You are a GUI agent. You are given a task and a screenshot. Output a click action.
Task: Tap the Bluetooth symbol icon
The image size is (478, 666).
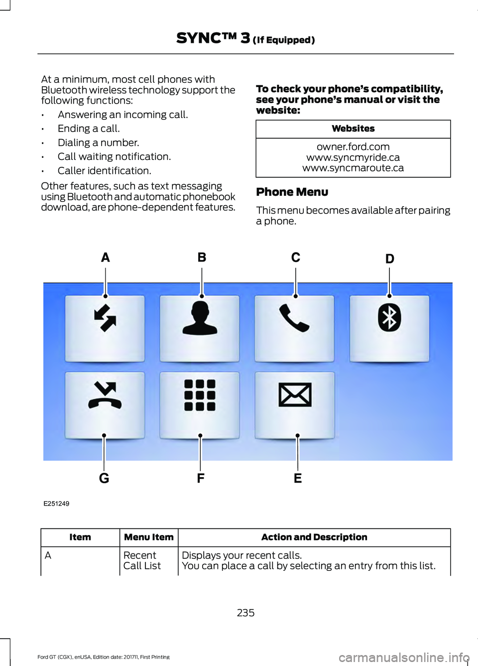(x=389, y=318)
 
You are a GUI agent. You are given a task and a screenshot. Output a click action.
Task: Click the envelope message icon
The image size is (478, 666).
(x=295, y=395)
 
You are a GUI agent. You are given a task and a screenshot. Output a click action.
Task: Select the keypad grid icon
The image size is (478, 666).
(x=200, y=395)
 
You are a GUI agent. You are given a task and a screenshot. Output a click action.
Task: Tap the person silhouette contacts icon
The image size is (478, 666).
(x=200, y=319)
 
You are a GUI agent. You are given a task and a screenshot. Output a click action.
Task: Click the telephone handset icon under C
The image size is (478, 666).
(x=294, y=318)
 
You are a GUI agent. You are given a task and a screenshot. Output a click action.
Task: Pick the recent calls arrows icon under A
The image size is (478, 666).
(x=105, y=318)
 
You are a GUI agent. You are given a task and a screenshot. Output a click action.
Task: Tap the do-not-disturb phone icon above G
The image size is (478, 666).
(x=105, y=395)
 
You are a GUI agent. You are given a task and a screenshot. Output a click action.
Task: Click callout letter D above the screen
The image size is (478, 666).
(x=390, y=259)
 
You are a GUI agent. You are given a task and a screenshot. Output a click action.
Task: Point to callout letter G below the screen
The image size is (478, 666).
(x=104, y=478)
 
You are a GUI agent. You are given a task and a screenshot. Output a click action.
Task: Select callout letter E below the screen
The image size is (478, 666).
(x=298, y=478)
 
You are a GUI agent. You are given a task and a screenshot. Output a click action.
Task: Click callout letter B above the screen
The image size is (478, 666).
(x=202, y=257)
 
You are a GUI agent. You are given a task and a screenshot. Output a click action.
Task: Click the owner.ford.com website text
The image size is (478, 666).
(x=353, y=147)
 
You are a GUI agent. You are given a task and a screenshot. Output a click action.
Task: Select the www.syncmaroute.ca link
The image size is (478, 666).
(x=353, y=168)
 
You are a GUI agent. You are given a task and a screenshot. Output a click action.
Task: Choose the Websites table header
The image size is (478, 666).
(x=353, y=129)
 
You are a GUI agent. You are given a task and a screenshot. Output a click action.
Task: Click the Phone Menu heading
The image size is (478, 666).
(x=292, y=192)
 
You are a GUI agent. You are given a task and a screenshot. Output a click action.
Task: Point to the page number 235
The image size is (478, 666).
(x=246, y=613)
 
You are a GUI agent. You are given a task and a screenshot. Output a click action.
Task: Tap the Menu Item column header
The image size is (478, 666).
(x=149, y=537)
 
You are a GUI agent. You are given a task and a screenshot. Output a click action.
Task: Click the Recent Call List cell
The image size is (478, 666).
(x=142, y=560)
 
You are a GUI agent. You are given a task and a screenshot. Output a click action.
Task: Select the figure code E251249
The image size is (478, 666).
(x=56, y=504)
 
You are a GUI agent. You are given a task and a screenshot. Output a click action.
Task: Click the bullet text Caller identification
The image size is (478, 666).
(x=105, y=171)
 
